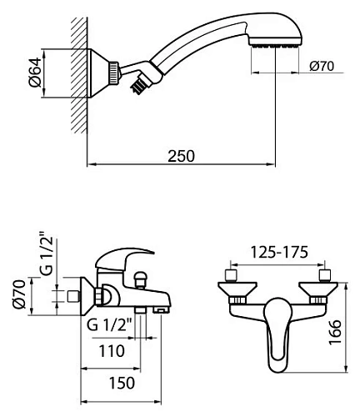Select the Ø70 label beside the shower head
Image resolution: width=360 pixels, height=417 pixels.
coord(320,67)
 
